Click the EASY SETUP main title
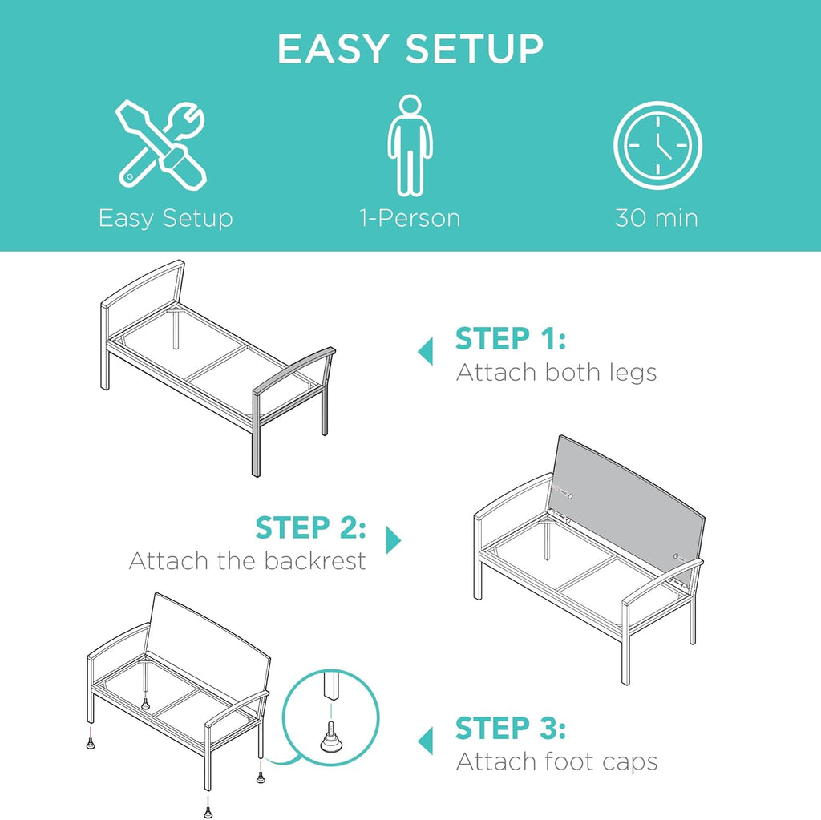[x=410, y=49]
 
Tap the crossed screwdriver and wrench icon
[x=161, y=144]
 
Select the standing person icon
[x=410, y=145]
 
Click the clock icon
[x=657, y=146]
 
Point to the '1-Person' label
[x=410, y=218]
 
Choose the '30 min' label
[x=657, y=218]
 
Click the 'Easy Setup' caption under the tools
[x=165, y=218]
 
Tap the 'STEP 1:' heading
[x=511, y=338]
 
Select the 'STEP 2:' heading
[x=310, y=527]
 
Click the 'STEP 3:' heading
[x=511, y=728]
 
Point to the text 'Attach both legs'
[x=556, y=372]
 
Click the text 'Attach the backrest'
[x=247, y=561]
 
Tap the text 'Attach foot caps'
[x=556, y=761]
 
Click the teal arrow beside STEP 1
[x=426, y=351]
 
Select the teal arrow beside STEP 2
[x=393, y=540]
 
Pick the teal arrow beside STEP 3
[x=426, y=741]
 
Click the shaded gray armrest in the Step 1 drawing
[x=293, y=372]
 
